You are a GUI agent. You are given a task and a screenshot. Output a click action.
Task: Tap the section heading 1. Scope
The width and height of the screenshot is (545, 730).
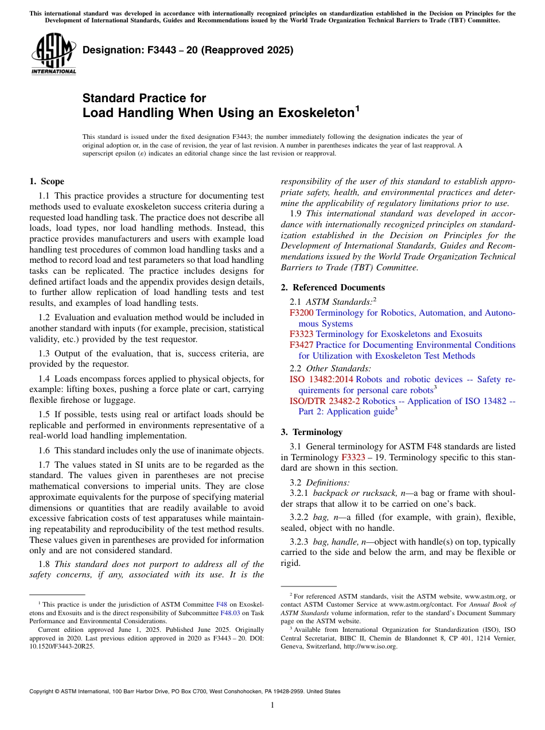pyautogui.click(x=46, y=181)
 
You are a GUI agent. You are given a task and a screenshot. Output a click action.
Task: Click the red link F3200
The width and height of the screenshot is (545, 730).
pyautogui.click(x=301, y=313)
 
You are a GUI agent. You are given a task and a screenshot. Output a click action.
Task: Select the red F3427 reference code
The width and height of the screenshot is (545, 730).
pyautogui.click(x=301, y=345)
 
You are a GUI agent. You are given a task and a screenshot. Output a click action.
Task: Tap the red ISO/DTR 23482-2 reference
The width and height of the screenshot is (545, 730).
pyautogui.click(x=325, y=401)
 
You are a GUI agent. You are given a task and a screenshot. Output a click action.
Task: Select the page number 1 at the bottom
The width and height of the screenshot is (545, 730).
pyautogui.click(x=272, y=705)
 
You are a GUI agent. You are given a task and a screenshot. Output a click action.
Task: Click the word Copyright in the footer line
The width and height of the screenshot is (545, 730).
pyautogui.click(x=44, y=692)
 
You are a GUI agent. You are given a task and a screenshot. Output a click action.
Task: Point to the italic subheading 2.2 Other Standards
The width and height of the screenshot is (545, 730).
pyautogui.click(x=330, y=368)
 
